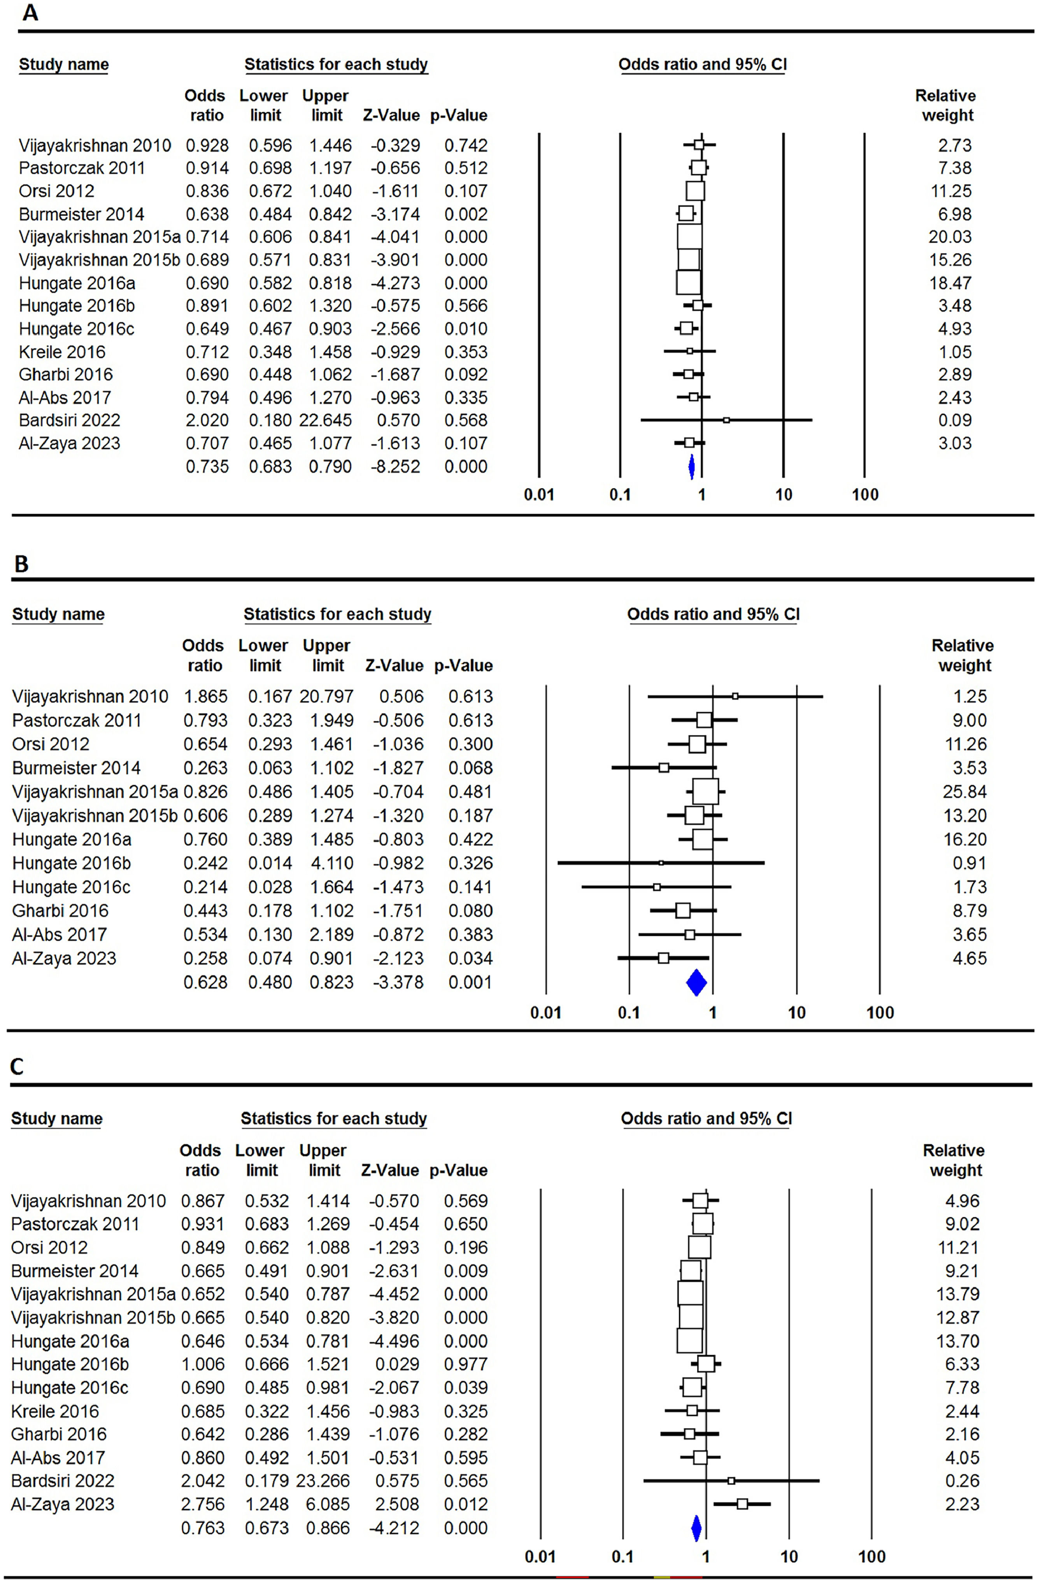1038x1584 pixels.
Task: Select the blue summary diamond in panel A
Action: pyautogui.click(x=691, y=467)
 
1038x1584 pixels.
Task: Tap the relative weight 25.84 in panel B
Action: pyautogui.click(x=965, y=792)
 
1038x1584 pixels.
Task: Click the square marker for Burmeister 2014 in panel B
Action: pyautogui.click(x=664, y=768)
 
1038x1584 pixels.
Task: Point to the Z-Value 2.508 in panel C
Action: pyautogui.click(x=398, y=1504)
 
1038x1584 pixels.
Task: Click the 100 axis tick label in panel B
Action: pyautogui.click(x=880, y=1013)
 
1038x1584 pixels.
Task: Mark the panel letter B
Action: pyautogui.click(x=21, y=564)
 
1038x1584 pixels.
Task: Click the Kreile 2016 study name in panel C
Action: pyautogui.click(x=54, y=1411)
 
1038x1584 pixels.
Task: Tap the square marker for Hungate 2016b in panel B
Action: pyautogui.click(x=661, y=863)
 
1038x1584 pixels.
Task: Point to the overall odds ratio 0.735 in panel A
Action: pyautogui.click(x=207, y=467)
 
